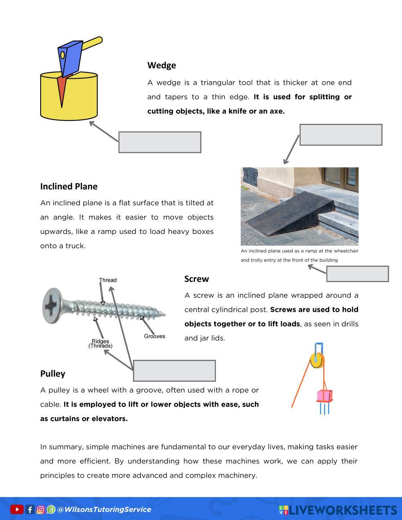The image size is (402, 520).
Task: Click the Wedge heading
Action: [162, 65]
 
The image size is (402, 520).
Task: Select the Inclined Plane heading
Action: [69, 186]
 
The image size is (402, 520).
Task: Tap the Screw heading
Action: [197, 279]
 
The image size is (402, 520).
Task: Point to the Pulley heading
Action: [53, 374]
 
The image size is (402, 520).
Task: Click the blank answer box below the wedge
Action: [160, 142]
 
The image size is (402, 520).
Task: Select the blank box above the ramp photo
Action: [341, 135]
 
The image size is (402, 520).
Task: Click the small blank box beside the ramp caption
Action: [357, 274]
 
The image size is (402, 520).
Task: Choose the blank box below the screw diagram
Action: [174, 371]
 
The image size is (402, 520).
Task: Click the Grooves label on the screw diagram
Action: [154, 336]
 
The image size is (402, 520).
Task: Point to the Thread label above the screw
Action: [108, 280]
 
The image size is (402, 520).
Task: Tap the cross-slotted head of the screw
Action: [52, 306]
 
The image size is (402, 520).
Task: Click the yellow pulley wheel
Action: [317, 360]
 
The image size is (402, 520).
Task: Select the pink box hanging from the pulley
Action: [324, 396]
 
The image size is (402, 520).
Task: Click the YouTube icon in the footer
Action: [16, 510]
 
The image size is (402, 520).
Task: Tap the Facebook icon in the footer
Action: [30, 510]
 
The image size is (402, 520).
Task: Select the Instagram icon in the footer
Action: [41, 510]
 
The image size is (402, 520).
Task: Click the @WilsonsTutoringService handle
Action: [104, 510]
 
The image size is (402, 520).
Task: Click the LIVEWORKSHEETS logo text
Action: [343, 510]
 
